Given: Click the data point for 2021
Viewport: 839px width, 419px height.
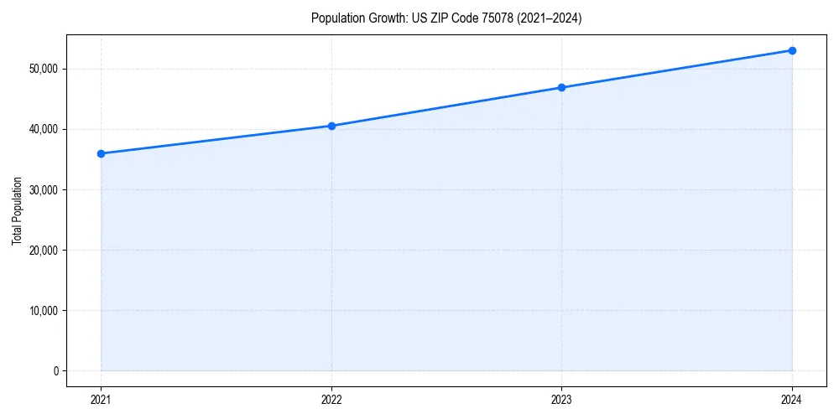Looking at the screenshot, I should click(101, 153).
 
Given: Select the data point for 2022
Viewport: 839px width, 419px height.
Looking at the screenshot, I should click(331, 126).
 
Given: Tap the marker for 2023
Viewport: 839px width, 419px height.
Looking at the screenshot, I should click(561, 87).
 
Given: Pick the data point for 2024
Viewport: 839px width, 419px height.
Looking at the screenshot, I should click(792, 50).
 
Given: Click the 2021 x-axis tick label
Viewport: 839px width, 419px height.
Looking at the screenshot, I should click(101, 400).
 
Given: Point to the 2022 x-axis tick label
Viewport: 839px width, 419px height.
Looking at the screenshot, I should click(331, 400).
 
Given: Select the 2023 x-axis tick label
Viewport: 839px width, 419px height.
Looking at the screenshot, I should click(561, 400).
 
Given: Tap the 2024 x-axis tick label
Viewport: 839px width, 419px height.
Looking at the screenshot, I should click(792, 400).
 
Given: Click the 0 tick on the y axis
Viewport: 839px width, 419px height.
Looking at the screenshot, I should click(55, 371).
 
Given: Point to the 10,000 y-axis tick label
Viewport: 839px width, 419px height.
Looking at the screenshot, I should click(43, 311).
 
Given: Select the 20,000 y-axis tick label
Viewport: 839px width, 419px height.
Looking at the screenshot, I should click(43, 250).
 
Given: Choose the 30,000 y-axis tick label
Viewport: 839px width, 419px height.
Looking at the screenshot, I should click(43, 189).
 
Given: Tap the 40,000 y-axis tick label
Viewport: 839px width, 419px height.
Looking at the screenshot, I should click(43, 129).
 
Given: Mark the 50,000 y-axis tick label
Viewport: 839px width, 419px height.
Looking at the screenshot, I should click(43, 69).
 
